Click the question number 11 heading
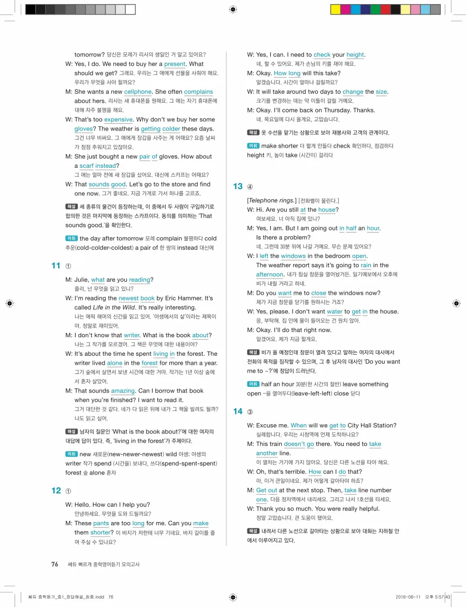pyautogui.click(x=56, y=266)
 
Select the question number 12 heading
pyautogui.click(x=56, y=490)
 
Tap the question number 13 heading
pyautogui.click(x=238, y=186)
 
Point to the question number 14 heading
pyautogui.click(x=238, y=411)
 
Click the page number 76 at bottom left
pyautogui.click(x=54, y=565)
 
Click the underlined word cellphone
pyautogui.click(x=137, y=92)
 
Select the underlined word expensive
pyautogui.click(x=119, y=120)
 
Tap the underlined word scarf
pyautogui.click(x=86, y=166)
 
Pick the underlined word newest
pyautogui.click(x=128, y=298)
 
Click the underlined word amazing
pyautogui.click(x=123, y=391)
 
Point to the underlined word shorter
pyautogui.click(x=100, y=532)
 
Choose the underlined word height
pyautogui.click(x=355, y=55)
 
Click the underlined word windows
pyautogui.click(x=293, y=256)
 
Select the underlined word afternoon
pyautogui.click(x=270, y=274)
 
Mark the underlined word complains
pyautogui.click(x=198, y=92)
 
